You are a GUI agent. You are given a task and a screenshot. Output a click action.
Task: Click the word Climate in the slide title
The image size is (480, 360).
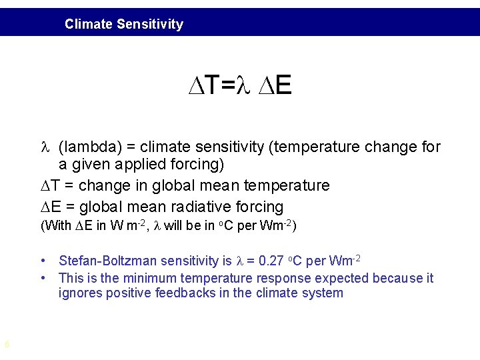[x=89, y=25]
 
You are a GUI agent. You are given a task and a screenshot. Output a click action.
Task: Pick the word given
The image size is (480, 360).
[x=88, y=164]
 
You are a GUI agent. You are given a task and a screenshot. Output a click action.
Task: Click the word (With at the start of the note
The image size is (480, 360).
[x=56, y=225]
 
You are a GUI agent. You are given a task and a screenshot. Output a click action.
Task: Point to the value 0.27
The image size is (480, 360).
[x=270, y=261]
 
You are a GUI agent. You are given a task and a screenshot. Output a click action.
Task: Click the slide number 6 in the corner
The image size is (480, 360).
[x=6, y=345]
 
